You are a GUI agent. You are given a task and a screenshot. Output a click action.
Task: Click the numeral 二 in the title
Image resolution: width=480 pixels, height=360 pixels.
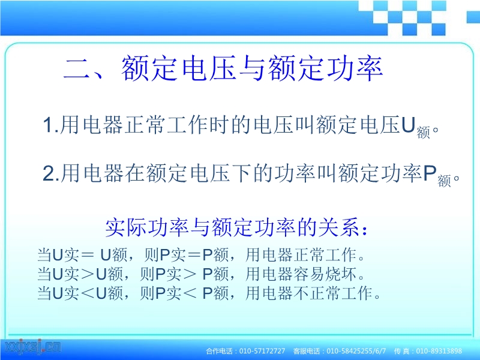click(76, 68)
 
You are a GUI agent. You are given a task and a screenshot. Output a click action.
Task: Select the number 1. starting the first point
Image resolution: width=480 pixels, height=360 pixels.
click(51, 125)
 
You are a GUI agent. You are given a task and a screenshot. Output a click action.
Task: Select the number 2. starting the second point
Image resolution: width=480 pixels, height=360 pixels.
click(51, 173)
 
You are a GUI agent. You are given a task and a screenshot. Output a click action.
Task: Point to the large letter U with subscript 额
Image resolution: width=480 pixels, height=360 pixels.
click(408, 125)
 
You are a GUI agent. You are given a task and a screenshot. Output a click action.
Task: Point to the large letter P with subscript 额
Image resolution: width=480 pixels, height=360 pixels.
click(430, 173)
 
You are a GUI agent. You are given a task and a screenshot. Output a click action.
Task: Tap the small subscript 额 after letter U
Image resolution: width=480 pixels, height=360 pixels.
click(424, 133)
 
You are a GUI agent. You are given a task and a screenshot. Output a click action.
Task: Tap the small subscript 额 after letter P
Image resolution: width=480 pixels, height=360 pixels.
click(444, 181)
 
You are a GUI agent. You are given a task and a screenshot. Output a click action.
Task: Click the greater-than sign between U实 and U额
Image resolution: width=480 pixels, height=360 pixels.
click(87, 274)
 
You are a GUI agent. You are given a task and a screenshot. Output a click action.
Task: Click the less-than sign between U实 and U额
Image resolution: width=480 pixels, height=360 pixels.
click(87, 293)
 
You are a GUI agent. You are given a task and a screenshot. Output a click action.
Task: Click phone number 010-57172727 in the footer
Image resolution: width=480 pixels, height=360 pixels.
click(262, 351)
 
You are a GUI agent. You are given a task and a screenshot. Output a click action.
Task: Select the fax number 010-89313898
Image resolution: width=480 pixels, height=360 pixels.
click(439, 351)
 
